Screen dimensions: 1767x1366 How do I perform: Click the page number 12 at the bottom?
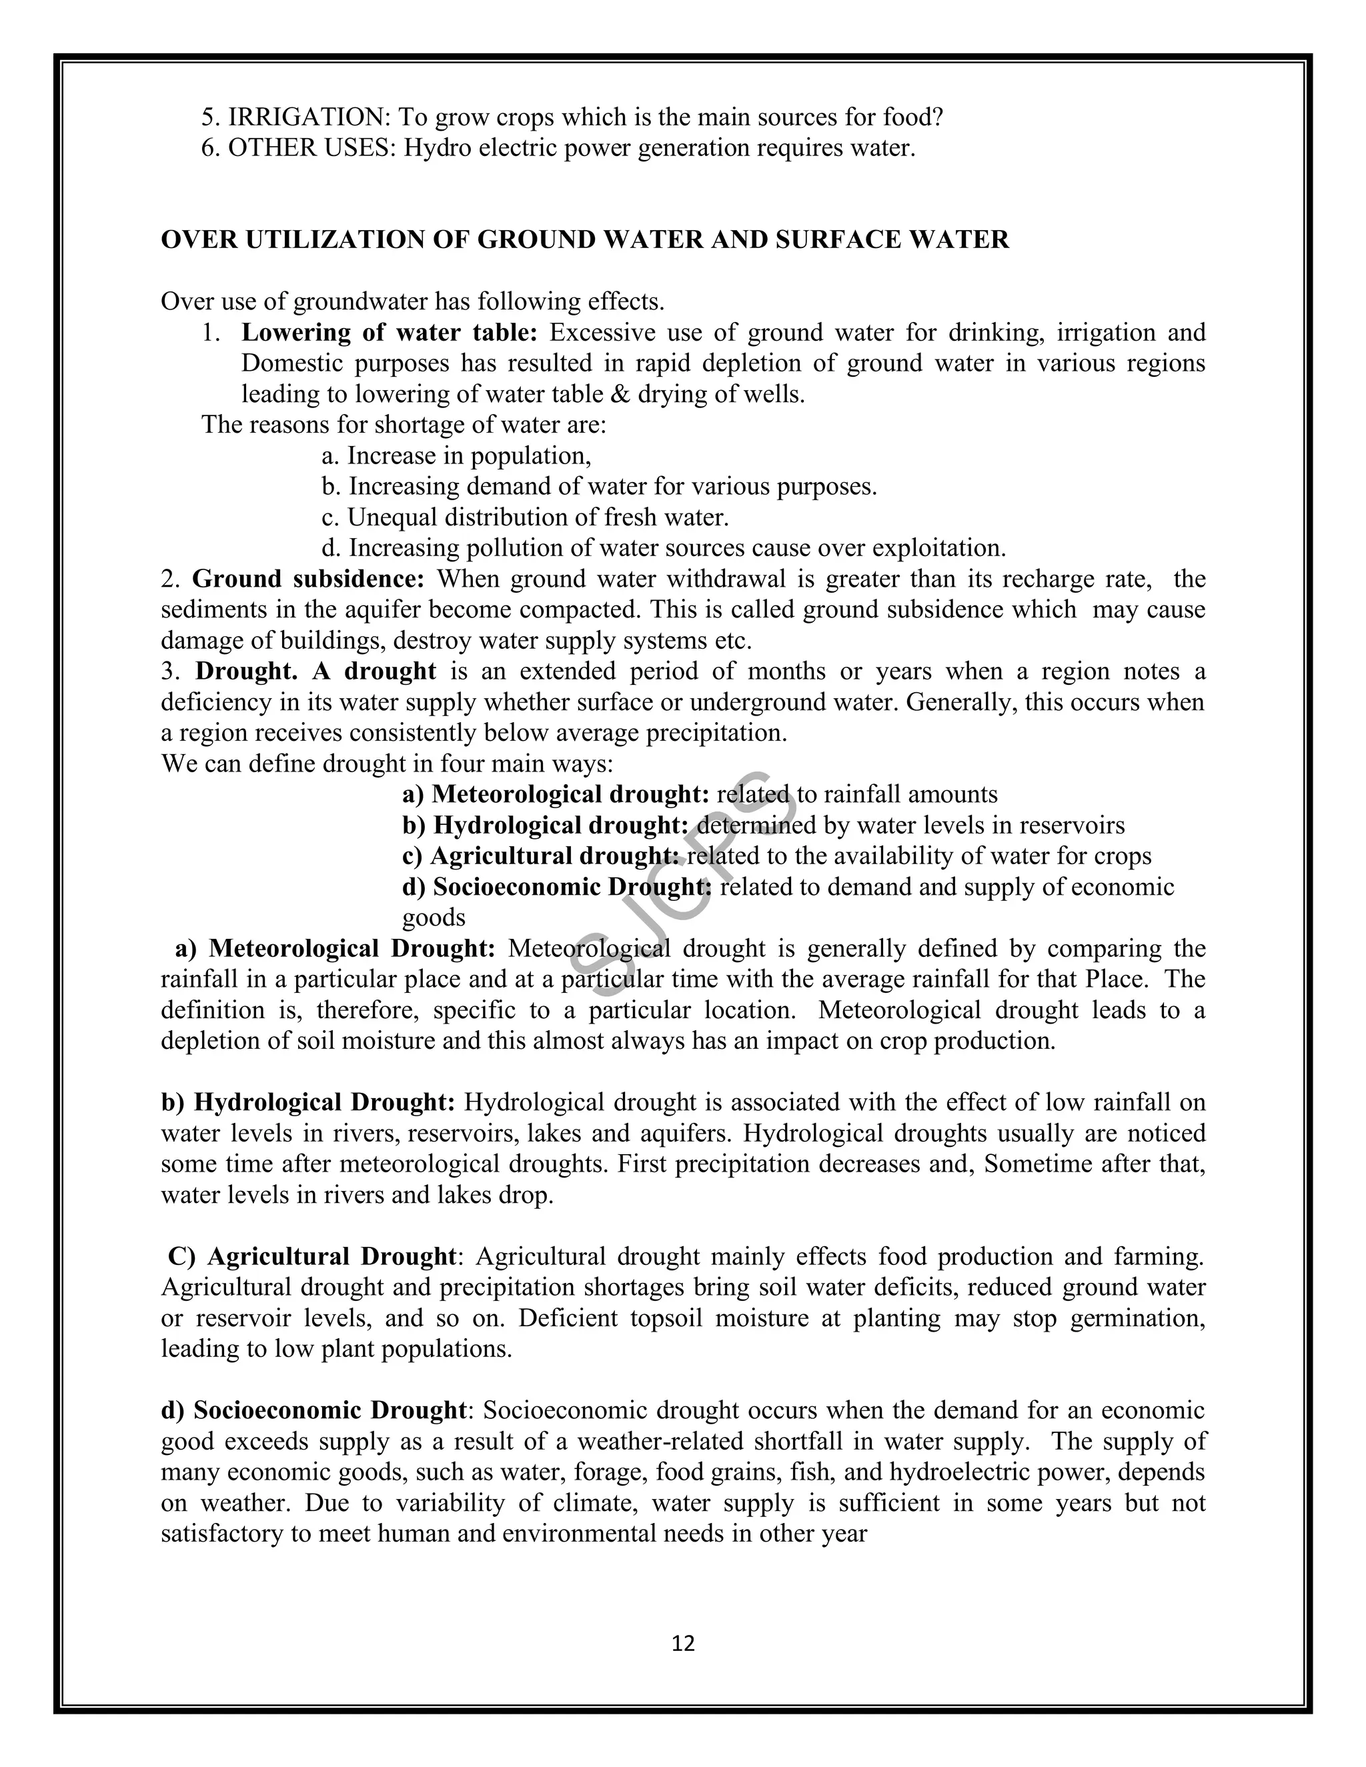point(683,1643)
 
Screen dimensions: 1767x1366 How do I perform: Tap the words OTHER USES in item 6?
point(311,148)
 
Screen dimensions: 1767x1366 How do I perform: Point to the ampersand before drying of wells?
point(625,394)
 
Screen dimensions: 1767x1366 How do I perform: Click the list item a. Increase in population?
point(456,456)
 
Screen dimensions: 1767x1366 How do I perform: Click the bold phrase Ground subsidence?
point(308,579)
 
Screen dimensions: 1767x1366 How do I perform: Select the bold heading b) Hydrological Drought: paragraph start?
point(307,1103)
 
